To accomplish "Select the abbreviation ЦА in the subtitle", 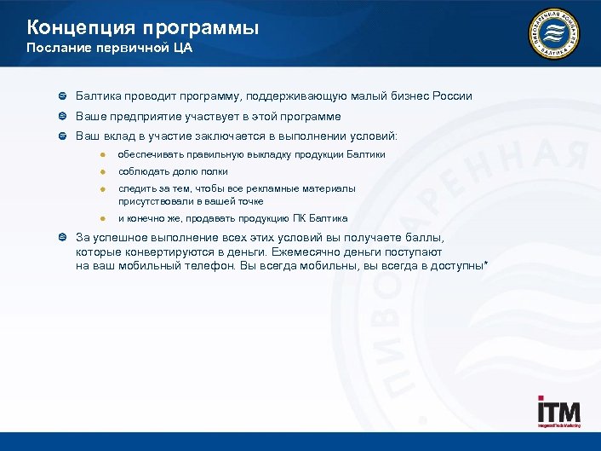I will pos(182,49).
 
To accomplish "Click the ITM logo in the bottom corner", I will pos(558,413).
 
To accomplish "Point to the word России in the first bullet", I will pos(451,96).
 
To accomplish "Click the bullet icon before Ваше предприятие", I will pos(63,117).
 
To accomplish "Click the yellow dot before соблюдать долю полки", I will pos(100,172).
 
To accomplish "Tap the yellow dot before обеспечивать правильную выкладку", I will pos(100,154).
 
